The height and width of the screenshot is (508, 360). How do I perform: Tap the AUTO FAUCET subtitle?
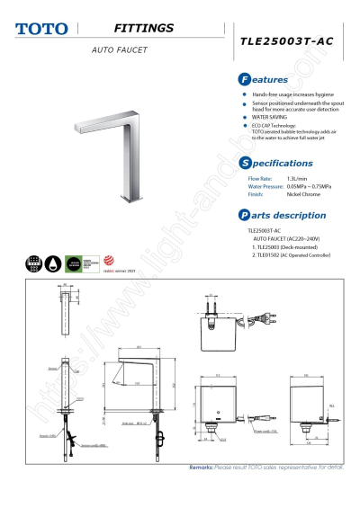pyautogui.click(x=119, y=49)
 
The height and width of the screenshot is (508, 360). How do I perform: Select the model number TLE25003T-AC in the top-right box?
pyautogui.click(x=286, y=41)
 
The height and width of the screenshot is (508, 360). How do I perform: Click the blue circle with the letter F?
pyautogui.click(x=245, y=80)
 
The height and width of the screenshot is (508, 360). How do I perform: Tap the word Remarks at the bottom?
pyautogui.click(x=201, y=468)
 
